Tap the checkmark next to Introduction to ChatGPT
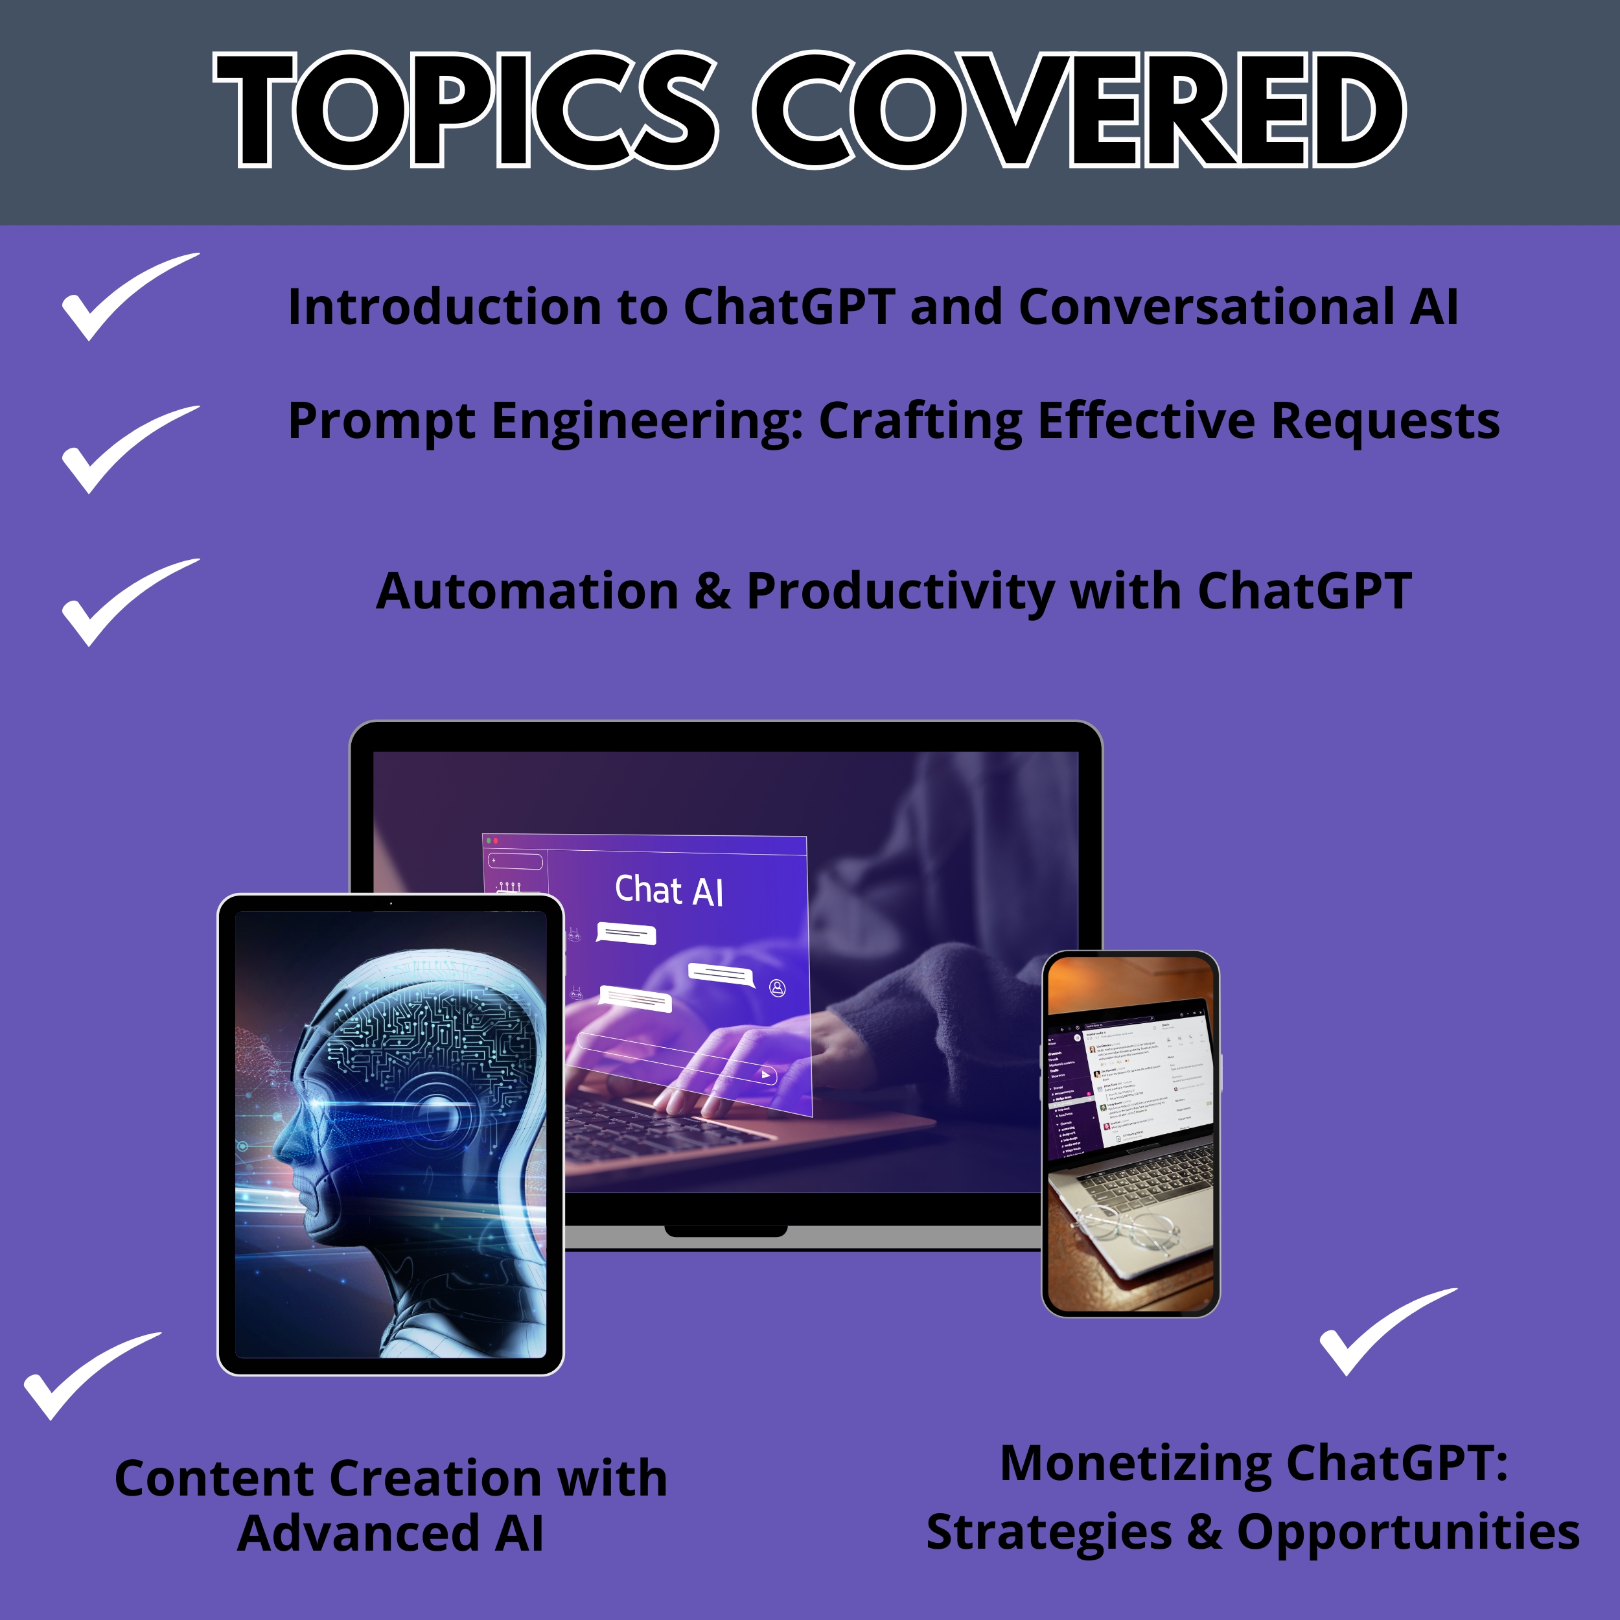[x=126, y=297]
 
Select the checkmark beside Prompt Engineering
[x=126, y=450]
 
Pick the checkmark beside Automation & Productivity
[x=126, y=603]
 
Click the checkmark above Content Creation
[x=88, y=1376]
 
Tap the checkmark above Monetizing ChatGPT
[x=1383, y=1332]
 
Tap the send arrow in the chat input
[x=765, y=1074]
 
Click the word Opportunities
[x=1408, y=1533]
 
